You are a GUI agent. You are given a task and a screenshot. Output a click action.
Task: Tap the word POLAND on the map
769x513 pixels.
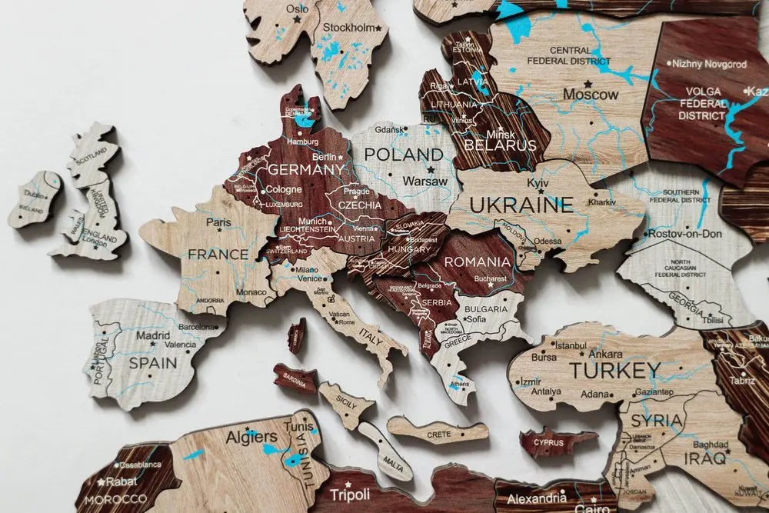pos(404,155)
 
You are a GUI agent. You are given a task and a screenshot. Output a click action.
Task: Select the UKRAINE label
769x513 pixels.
pos(521,205)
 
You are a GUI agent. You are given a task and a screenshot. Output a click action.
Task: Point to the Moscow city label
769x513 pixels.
pos(591,95)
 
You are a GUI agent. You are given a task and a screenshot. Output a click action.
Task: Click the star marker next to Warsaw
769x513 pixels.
pos(431,168)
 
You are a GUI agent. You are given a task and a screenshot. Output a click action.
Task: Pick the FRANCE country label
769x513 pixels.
pos(218,255)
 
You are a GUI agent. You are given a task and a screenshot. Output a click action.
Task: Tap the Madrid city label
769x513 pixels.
pos(153,336)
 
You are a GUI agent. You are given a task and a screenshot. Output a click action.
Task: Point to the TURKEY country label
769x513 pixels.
pos(614,371)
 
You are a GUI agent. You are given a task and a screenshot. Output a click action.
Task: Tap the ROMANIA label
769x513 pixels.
pos(477,262)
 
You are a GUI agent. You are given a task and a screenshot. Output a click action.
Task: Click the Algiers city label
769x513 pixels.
pos(251,438)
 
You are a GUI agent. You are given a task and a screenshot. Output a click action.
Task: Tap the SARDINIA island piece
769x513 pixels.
pos(295,378)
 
